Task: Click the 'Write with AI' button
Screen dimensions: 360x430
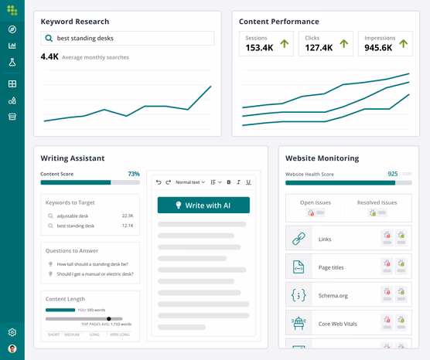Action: pos(203,205)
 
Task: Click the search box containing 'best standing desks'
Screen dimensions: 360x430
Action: pos(128,38)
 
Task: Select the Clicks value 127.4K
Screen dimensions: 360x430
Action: pos(318,48)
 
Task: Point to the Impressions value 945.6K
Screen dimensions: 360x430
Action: pos(377,48)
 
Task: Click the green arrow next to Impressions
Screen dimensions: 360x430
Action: pos(402,44)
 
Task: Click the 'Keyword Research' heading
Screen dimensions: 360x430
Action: pos(75,22)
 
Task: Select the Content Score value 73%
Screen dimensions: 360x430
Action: pos(134,174)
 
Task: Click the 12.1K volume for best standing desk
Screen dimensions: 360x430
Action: pos(128,226)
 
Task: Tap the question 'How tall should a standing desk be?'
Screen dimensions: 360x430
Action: pos(92,264)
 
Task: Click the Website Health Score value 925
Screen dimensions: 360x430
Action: pos(392,175)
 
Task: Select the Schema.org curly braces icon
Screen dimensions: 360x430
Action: pos(299,295)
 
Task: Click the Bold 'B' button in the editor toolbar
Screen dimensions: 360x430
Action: pos(228,182)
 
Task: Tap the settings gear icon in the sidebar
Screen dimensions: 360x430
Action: pos(12,332)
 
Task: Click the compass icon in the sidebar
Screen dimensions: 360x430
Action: pos(12,29)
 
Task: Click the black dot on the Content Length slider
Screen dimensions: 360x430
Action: pos(108,318)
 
